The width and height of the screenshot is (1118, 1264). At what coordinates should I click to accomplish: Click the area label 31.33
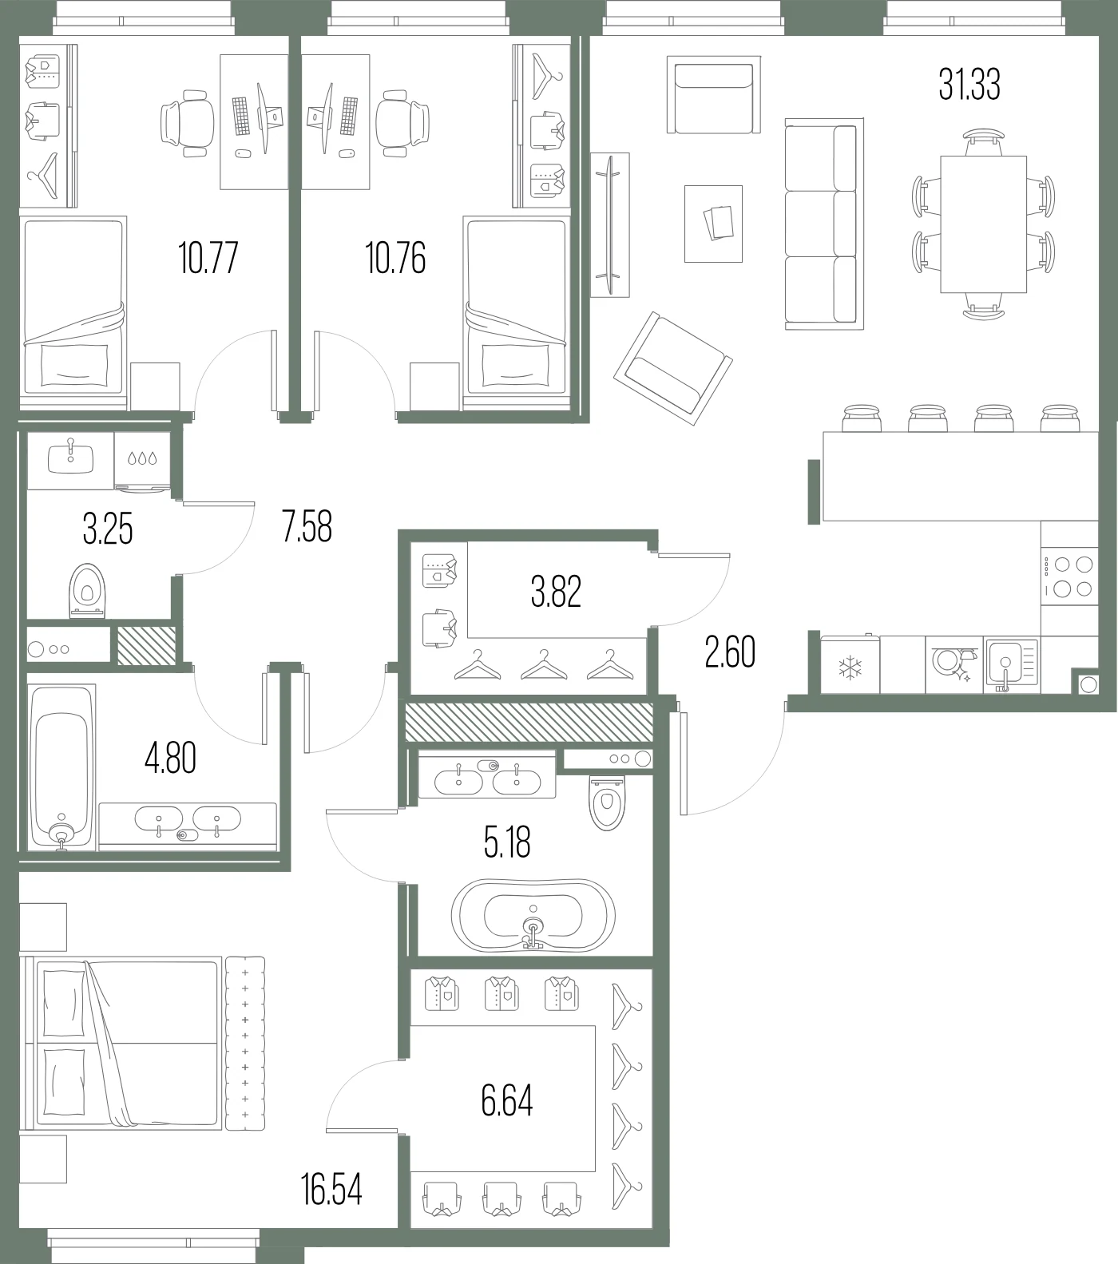pyautogui.click(x=969, y=85)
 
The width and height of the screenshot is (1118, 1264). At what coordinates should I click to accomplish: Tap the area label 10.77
pyautogui.click(x=208, y=258)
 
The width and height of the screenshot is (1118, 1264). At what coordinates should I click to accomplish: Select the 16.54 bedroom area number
pyautogui.click(x=331, y=1190)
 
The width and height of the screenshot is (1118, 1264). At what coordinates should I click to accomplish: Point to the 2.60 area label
pyautogui.click(x=730, y=652)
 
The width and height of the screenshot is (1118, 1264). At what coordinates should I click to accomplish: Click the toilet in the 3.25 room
pyautogui.click(x=87, y=591)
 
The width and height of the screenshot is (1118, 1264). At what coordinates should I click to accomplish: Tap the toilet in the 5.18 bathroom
pyautogui.click(x=607, y=801)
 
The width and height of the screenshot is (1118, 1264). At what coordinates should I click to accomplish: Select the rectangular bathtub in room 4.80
pyautogui.click(x=61, y=767)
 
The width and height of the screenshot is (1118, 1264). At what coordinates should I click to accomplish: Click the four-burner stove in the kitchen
pyautogui.click(x=1069, y=576)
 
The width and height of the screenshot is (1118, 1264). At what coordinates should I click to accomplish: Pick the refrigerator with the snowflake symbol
pyautogui.click(x=850, y=665)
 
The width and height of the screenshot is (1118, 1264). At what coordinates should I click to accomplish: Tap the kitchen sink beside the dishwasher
pyautogui.click(x=1012, y=664)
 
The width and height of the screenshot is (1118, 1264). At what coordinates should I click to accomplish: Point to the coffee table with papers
pyautogui.click(x=713, y=224)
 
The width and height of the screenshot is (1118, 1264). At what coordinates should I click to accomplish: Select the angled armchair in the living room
pyautogui.click(x=673, y=368)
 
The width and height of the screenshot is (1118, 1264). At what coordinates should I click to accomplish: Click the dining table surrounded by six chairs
pyautogui.click(x=983, y=224)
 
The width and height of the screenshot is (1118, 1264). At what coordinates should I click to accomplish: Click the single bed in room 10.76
pyautogui.click(x=516, y=307)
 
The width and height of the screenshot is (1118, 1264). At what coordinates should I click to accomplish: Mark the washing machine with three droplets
pyautogui.click(x=142, y=461)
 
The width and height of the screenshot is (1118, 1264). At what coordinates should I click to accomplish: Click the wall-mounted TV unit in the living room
pyautogui.click(x=610, y=225)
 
